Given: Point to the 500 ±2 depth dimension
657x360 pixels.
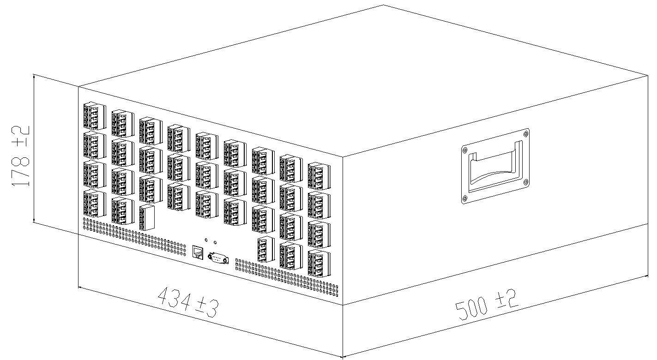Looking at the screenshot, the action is [487, 305].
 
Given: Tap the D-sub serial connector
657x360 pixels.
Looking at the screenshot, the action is [218, 258].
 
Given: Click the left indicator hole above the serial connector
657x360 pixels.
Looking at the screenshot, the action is [206, 240].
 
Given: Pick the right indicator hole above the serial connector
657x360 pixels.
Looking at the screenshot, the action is [215, 242].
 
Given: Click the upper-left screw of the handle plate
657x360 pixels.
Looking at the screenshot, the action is [464, 150].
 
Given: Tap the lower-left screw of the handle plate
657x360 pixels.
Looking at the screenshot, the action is [464, 198].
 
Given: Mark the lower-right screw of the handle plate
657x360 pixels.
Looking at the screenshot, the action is [526, 182].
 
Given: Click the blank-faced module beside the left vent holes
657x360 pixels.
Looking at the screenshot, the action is [147, 217].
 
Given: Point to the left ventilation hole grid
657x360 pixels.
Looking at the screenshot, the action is [134, 237].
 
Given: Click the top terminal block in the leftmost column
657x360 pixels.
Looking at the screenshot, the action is [95, 116].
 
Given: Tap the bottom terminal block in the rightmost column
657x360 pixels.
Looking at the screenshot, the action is [319, 264].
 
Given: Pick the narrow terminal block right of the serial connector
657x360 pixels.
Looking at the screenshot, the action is [266, 249].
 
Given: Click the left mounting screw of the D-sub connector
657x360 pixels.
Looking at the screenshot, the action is [210, 256].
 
